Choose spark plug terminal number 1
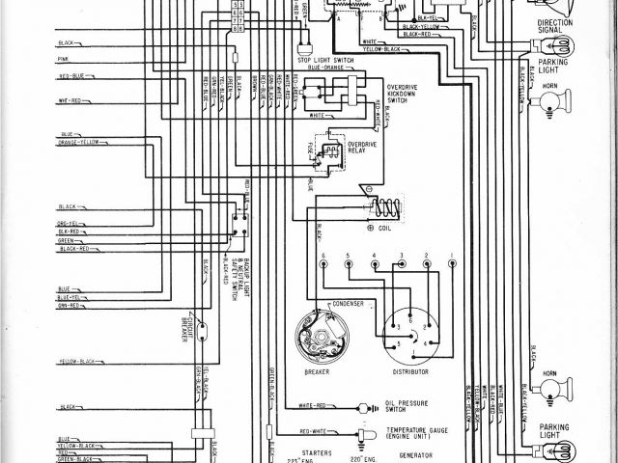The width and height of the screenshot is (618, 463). (x=452, y=256)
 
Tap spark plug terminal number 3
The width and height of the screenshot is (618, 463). (x=400, y=256)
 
